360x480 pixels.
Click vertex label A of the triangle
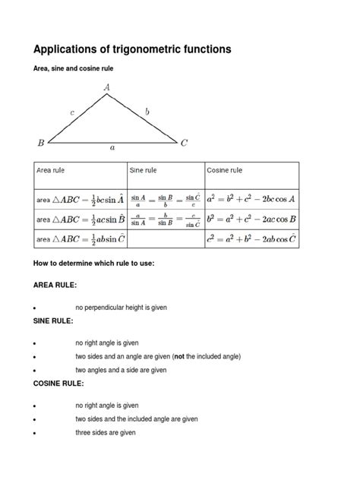[108, 87]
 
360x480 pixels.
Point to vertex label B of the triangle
[41, 141]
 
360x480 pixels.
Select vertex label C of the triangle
[185, 142]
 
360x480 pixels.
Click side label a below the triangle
[112, 148]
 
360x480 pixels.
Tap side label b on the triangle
[147, 112]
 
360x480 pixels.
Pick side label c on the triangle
[72, 112]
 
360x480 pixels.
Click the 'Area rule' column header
[54, 170]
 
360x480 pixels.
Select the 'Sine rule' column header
[145, 170]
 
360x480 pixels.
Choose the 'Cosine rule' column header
[225, 170]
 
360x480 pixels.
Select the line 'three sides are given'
[105, 433]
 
